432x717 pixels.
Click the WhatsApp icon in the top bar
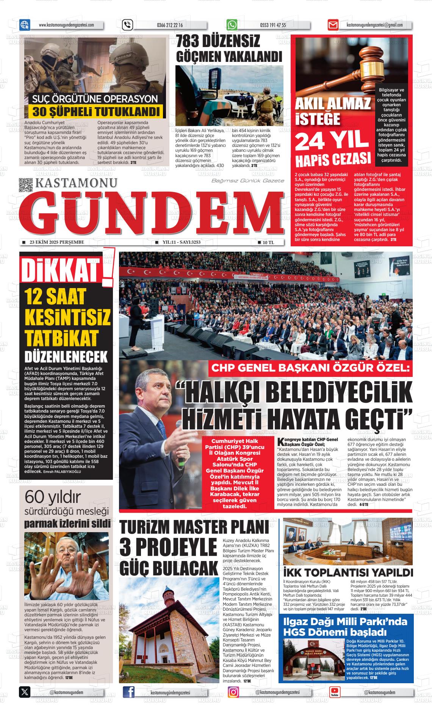click(232, 25)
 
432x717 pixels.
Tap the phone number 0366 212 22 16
click(169, 25)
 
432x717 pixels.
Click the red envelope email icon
click(333, 25)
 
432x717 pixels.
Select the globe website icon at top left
click(25, 25)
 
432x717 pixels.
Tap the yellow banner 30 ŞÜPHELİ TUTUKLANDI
click(95, 112)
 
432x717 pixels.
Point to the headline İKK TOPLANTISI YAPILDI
click(348, 572)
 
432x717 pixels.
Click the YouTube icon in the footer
click(334, 692)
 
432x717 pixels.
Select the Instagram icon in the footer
click(233, 692)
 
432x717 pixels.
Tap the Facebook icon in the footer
click(129, 692)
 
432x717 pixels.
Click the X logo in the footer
click(25, 692)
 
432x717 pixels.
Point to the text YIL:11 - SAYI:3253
click(181, 242)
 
